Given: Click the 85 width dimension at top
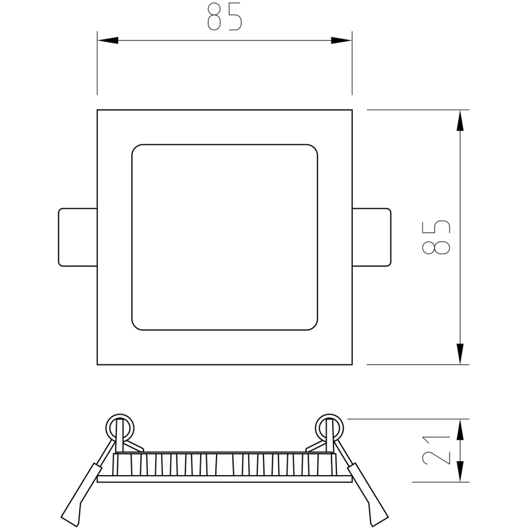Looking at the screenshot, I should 224,17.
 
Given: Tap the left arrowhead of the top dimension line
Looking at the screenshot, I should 108,41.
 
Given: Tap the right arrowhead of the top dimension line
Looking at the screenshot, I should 341,41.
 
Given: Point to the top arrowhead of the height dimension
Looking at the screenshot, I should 460,120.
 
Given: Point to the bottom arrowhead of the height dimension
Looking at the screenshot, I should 460,354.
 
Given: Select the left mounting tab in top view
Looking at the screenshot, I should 77,237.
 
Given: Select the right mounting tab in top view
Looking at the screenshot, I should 372,237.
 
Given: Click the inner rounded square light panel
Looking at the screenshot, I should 224,237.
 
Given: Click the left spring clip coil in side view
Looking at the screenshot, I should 119,426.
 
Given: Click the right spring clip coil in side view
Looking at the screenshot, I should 329,426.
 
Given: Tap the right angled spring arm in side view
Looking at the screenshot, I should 368,493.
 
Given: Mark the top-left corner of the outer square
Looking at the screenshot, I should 98,111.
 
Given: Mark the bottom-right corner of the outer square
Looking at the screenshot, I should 352,364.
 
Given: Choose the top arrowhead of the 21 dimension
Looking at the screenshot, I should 460,428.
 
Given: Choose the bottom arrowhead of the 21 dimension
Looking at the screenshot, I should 460,473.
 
